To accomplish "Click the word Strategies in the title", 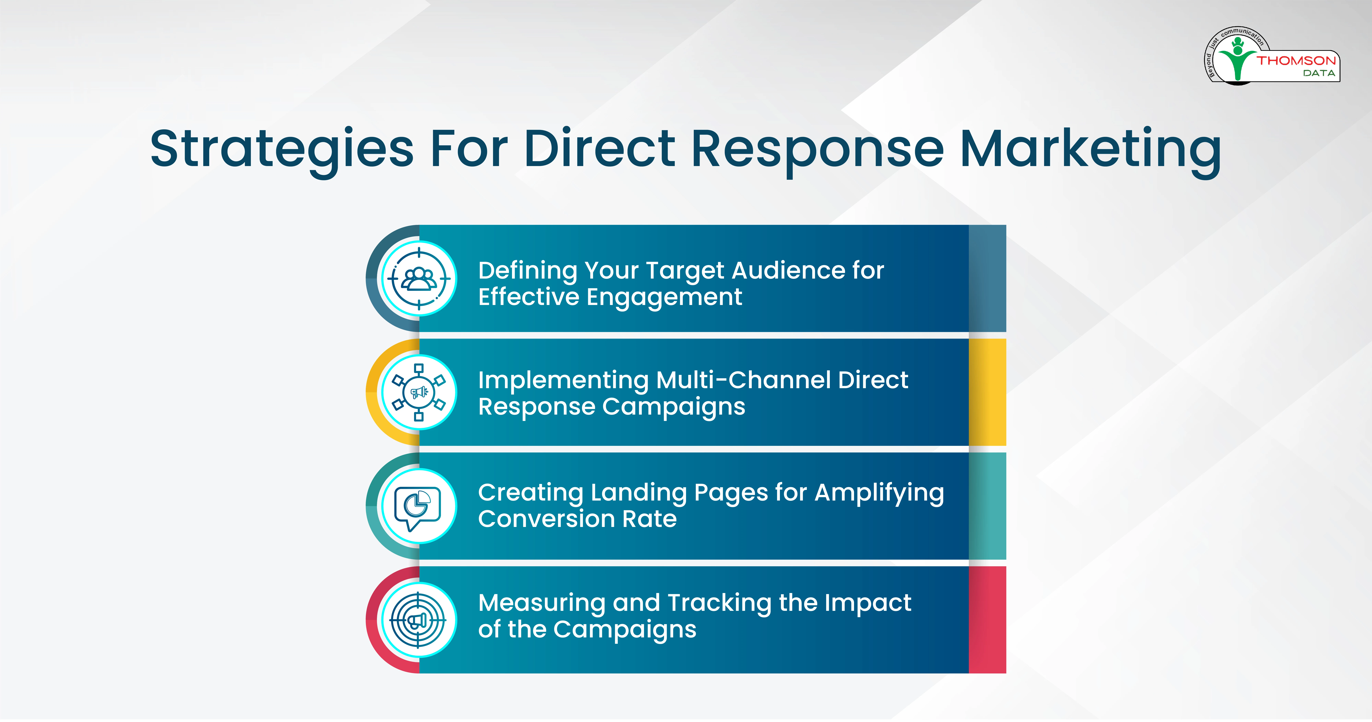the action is (x=282, y=151).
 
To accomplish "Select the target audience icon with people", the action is (x=419, y=278).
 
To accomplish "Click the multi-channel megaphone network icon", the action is (x=419, y=392).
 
